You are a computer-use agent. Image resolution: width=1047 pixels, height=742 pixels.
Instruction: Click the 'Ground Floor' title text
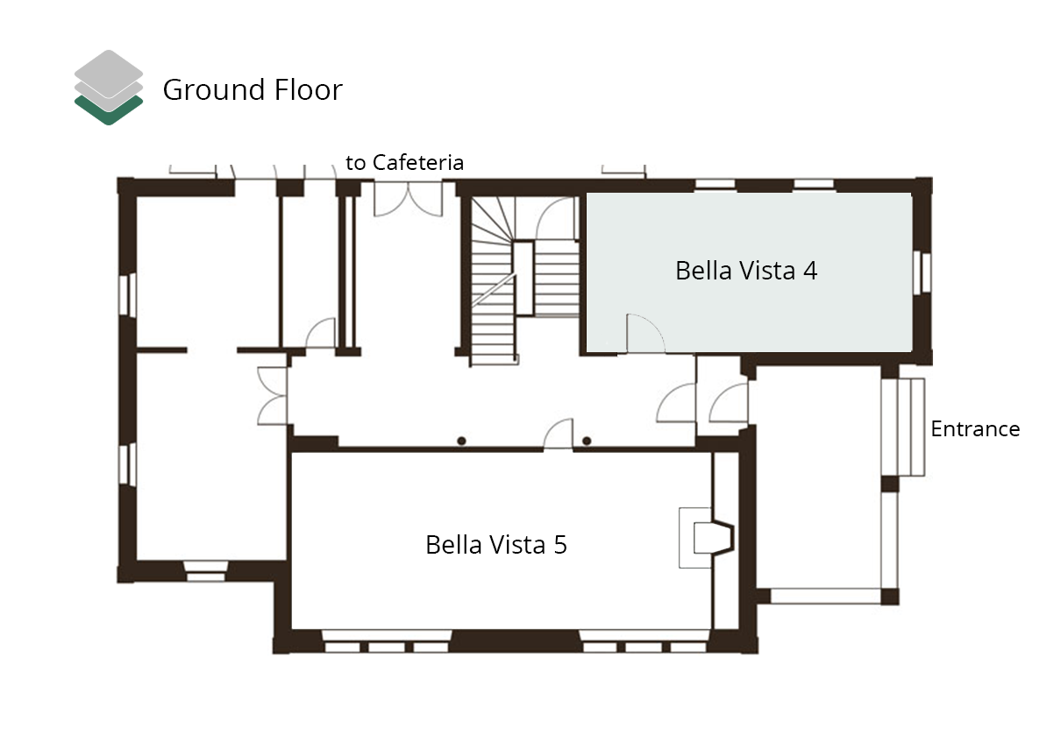(253, 90)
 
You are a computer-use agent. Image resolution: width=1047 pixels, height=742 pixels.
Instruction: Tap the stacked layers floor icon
(109, 88)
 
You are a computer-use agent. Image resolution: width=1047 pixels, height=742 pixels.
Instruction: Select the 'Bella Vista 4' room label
(746, 271)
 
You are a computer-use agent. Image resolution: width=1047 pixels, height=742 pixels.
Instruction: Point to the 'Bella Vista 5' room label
(496, 545)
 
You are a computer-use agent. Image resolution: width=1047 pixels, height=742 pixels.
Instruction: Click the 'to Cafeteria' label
(404, 162)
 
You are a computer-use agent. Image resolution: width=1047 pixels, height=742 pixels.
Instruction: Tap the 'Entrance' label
(975, 428)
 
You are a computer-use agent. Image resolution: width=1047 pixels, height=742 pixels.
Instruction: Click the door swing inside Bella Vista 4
(645, 333)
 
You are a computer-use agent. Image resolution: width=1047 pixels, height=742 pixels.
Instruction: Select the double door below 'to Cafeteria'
(408, 199)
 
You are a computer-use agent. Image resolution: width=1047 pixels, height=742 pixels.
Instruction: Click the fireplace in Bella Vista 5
(707, 538)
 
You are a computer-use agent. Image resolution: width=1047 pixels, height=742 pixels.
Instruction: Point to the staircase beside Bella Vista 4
(525, 280)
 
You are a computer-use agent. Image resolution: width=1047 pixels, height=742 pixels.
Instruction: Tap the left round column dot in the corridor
(461, 441)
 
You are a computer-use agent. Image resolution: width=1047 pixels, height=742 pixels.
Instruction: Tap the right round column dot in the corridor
(587, 441)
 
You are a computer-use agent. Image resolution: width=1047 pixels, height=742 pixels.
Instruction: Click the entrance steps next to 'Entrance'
(911, 427)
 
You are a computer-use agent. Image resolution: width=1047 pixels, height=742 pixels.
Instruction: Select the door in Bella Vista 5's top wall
(559, 434)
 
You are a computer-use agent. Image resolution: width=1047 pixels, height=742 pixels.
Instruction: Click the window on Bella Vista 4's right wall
(922, 272)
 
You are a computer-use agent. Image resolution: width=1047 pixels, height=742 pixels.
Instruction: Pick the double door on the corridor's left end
(273, 396)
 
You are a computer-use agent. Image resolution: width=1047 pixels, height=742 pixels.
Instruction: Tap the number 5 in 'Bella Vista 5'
(560, 545)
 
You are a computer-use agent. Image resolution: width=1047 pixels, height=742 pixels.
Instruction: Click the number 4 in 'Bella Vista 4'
(810, 271)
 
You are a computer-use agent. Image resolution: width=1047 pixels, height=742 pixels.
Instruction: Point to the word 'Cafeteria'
(418, 162)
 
